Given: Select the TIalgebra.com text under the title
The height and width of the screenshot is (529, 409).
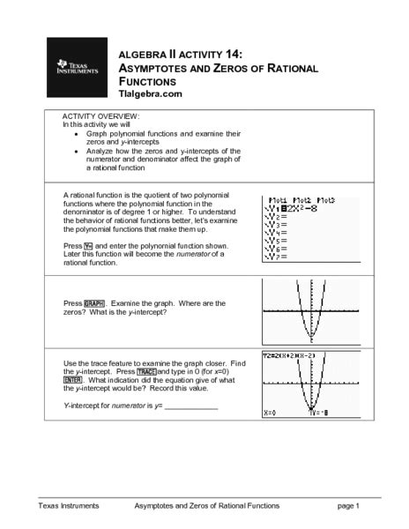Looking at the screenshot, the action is click(x=150, y=93).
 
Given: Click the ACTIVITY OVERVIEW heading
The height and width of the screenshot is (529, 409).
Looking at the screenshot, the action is click(x=101, y=116).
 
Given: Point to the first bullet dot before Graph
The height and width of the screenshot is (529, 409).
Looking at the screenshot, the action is click(x=77, y=133).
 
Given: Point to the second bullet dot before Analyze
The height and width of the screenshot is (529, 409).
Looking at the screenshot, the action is click(x=77, y=151).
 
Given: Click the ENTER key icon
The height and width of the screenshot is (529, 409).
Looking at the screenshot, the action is click(x=76, y=382).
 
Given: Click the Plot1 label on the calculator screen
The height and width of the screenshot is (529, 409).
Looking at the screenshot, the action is click(x=279, y=201).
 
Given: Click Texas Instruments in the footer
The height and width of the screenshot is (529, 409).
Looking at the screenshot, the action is click(x=68, y=505).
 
